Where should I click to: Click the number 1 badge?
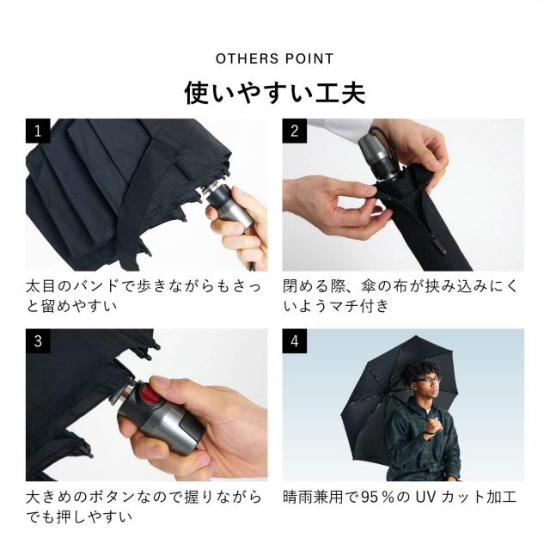click(x=38, y=131)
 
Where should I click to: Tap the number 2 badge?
click(x=294, y=131)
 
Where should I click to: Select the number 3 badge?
click(x=38, y=341)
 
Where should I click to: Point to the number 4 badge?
click(x=294, y=341)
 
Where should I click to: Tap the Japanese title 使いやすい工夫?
click(x=275, y=93)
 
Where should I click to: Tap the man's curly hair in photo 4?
click(x=421, y=370)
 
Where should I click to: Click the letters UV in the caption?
click(x=425, y=497)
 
